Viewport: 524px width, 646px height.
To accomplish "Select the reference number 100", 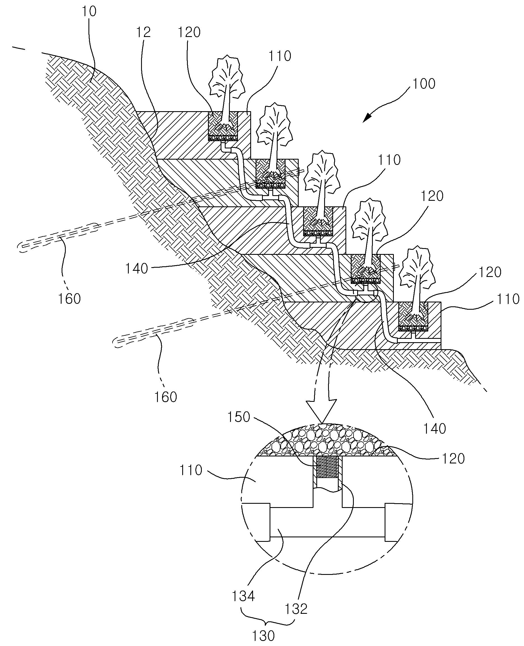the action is tap(424, 84).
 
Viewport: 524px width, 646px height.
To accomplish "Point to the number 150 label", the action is tap(239, 417).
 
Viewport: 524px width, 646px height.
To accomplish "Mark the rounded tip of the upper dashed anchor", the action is tap(21, 248).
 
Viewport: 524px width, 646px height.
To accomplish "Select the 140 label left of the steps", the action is tap(137, 268).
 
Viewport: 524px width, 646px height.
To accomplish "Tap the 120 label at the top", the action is tap(189, 32).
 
